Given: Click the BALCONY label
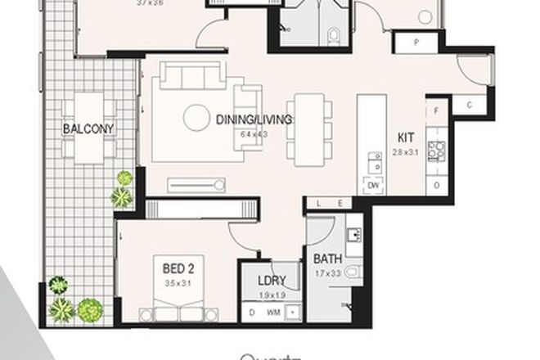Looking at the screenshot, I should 91,128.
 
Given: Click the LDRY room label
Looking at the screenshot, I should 271,280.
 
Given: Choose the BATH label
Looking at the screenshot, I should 327,260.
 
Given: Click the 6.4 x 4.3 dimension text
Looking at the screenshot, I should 254,133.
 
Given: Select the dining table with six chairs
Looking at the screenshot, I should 308,124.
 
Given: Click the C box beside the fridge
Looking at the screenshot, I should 469,104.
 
